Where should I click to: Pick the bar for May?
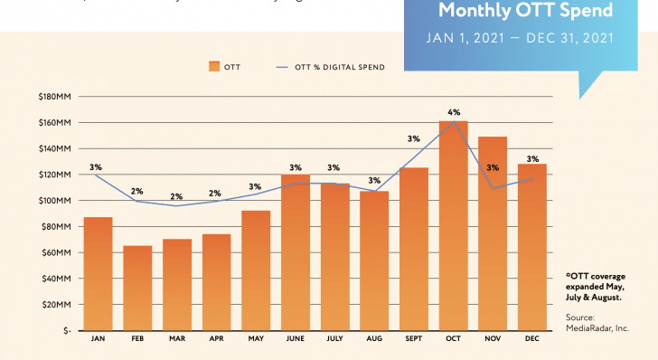(x=256, y=270)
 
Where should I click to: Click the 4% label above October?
(x=454, y=112)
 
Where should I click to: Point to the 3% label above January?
(x=96, y=166)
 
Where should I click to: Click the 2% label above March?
(x=176, y=196)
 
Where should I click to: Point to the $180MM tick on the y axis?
(x=55, y=96)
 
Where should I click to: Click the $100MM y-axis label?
(x=55, y=200)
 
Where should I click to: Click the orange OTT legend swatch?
(x=213, y=66)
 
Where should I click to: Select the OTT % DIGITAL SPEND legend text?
(x=340, y=66)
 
